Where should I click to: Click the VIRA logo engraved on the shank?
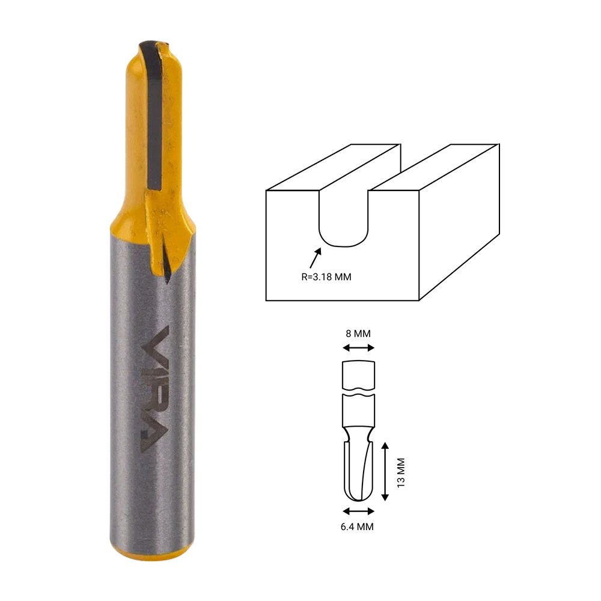click(155, 389)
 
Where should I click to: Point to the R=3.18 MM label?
click(326, 276)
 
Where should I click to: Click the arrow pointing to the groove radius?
click(315, 258)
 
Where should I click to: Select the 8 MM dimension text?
click(358, 334)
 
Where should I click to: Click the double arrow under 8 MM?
click(358, 347)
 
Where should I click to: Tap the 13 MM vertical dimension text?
click(401, 472)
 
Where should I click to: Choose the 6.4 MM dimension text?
click(357, 526)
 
